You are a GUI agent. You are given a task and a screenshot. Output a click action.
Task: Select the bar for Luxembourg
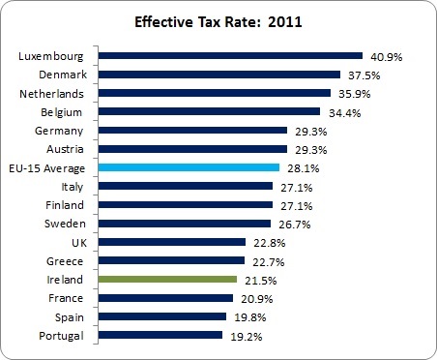click(231, 56)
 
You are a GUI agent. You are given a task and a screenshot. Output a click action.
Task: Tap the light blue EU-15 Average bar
click(189, 167)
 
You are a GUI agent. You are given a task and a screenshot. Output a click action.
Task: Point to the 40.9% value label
click(384, 57)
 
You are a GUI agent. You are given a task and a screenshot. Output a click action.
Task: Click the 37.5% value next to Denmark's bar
click(362, 75)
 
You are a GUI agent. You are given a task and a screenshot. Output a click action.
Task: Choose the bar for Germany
click(193, 131)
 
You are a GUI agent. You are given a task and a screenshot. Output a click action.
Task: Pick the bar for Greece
click(171, 260)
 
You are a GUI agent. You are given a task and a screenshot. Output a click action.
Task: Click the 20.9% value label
click(253, 299)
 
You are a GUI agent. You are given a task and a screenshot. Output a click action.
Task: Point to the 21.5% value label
click(257, 280)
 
